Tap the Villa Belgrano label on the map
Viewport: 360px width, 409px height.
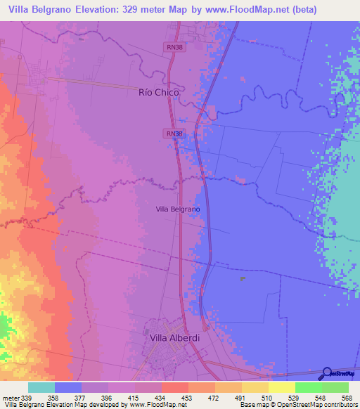177,209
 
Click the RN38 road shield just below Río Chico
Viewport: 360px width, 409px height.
175,133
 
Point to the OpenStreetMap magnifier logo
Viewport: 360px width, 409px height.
327,372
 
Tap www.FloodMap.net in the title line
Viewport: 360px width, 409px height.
247,10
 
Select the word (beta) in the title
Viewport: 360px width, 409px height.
302,10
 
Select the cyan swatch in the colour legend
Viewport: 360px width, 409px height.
41,387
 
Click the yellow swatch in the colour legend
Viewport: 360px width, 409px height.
281,387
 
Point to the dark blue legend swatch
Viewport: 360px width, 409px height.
68,387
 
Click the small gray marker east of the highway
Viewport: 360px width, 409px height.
243,279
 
